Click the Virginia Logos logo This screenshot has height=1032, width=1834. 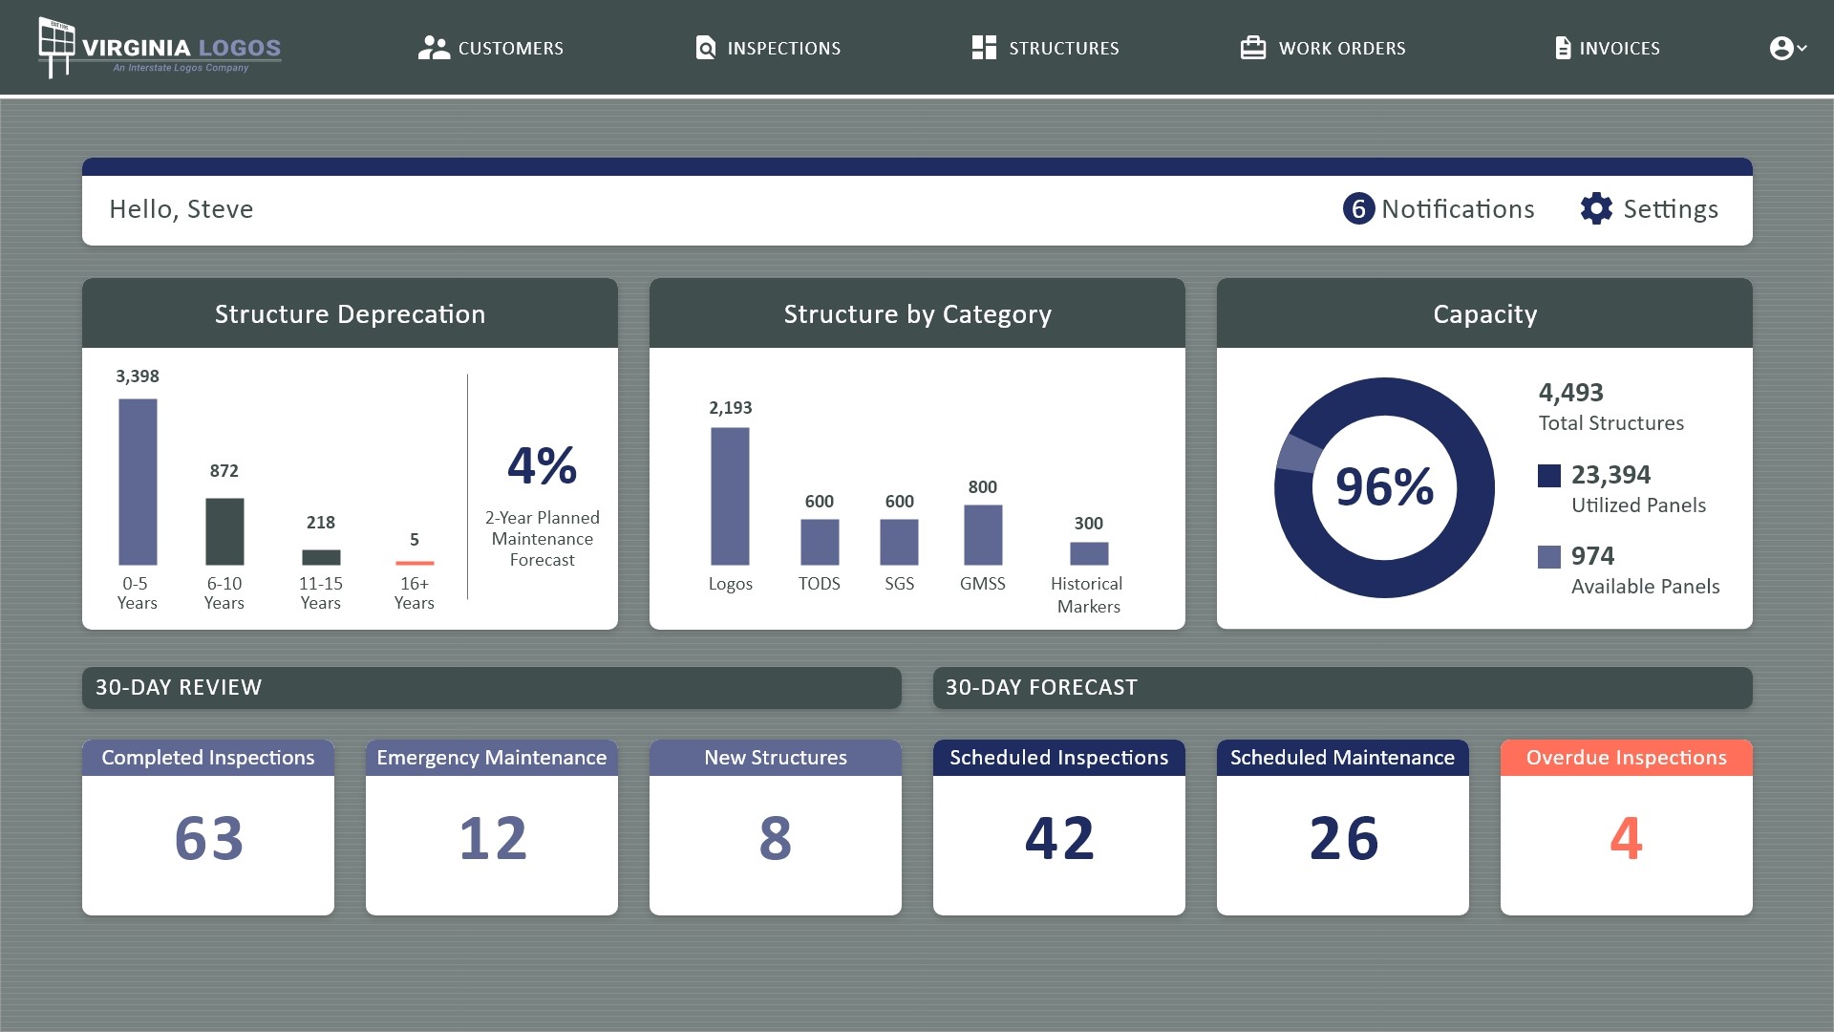160,48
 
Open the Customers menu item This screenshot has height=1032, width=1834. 491,48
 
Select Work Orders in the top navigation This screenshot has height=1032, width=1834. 1323,48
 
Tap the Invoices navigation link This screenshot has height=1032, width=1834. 1608,48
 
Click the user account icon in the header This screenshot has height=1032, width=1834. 1781,48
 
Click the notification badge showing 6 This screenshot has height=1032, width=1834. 1358,208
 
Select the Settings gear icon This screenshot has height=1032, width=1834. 1596,208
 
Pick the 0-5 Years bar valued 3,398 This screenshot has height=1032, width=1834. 138,482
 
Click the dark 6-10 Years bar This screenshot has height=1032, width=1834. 224,531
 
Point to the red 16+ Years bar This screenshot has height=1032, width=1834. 415,563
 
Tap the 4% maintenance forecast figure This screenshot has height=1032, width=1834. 542,466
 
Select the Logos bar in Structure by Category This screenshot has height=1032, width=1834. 730,496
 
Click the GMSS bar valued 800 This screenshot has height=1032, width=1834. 983,535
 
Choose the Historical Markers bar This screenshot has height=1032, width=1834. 1089,553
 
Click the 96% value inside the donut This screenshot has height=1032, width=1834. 1384,487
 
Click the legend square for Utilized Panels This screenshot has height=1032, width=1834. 1549,475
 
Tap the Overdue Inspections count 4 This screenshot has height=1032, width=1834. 1626,838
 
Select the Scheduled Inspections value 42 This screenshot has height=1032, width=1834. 1058,838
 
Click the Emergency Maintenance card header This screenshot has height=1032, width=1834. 491,758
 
